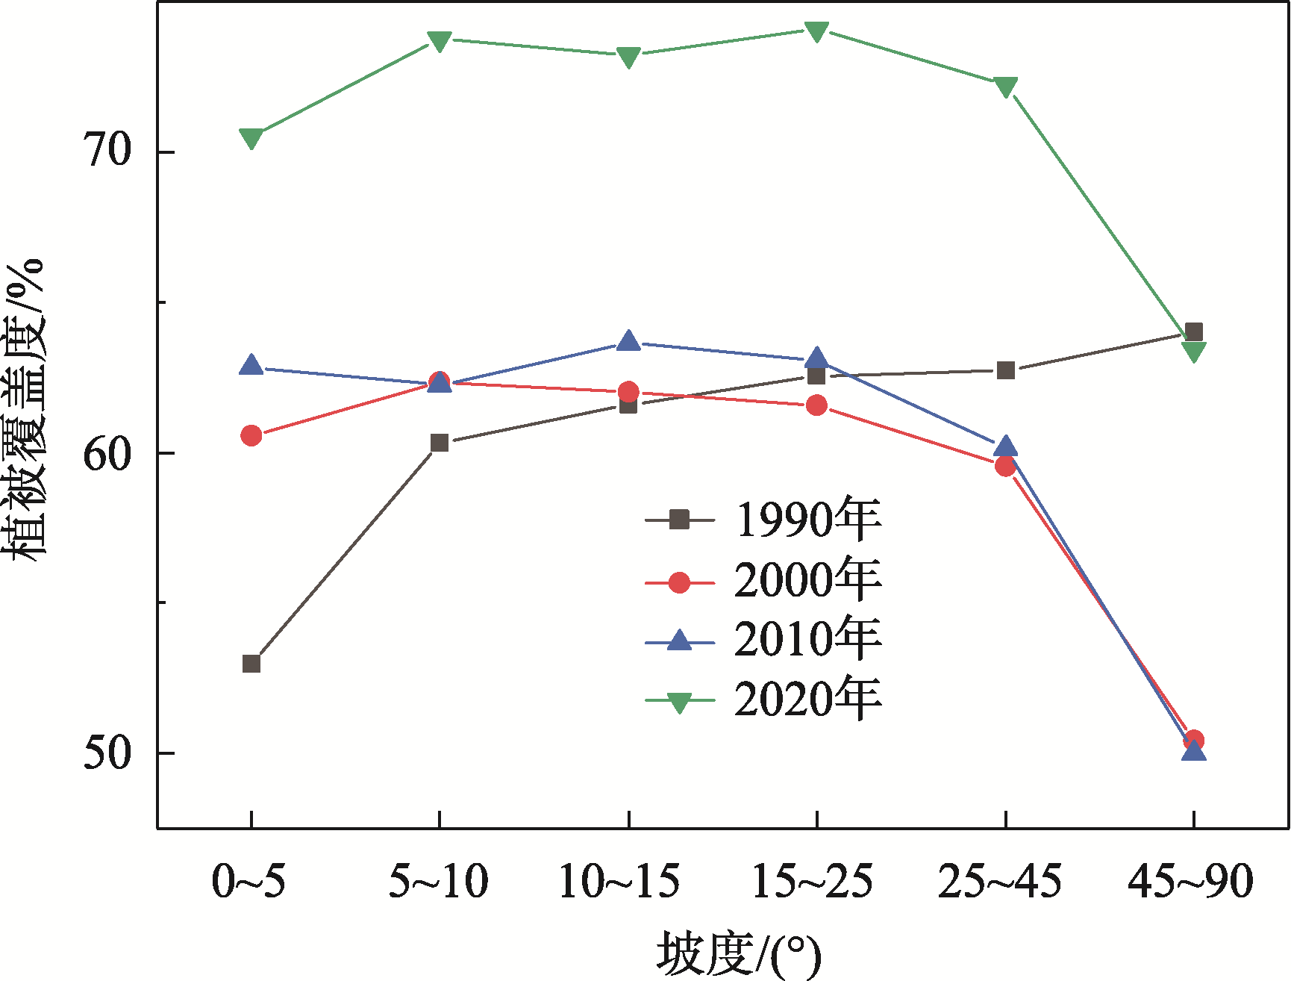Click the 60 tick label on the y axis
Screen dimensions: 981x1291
pos(107,452)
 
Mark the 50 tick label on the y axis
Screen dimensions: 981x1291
pos(107,752)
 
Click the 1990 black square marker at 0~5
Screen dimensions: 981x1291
pos(251,664)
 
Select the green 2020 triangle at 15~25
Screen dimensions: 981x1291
pos(816,31)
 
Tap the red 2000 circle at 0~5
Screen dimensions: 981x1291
pos(251,435)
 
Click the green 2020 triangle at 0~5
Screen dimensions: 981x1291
pos(251,138)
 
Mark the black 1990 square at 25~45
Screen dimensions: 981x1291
pos(1005,370)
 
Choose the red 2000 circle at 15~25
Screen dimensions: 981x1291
pos(816,405)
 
